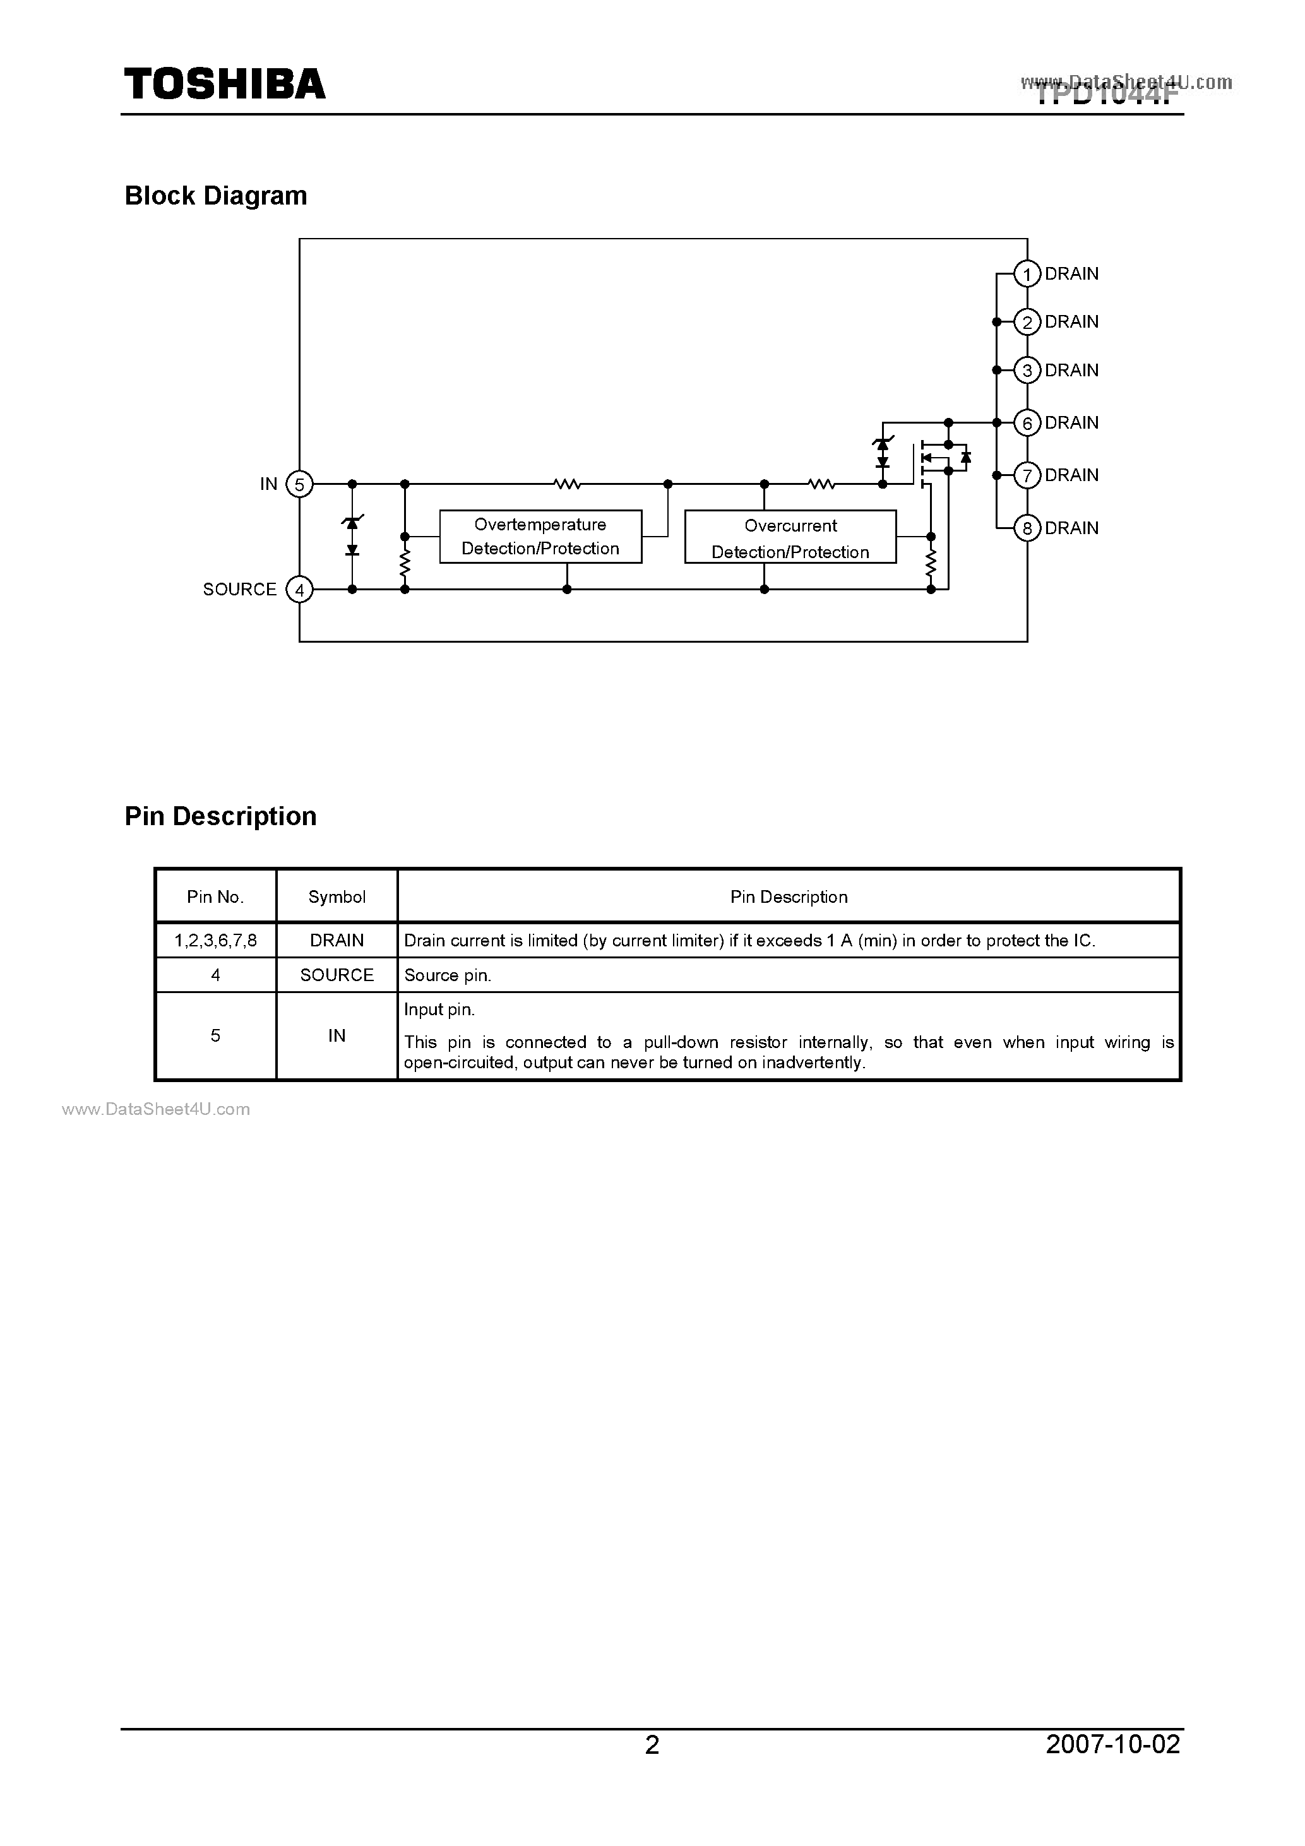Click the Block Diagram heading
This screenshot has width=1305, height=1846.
click(215, 195)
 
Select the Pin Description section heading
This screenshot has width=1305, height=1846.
click(220, 816)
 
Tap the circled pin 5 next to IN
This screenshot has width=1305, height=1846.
click(299, 485)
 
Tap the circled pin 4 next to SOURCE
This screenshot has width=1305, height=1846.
click(299, 590)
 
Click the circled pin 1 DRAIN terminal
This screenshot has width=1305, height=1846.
click(1027, 274)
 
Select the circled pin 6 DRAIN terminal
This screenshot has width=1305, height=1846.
click(1027, 423)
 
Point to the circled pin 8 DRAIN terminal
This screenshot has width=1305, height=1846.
click(1027, 528)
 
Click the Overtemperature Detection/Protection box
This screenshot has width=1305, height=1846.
click(540, 536)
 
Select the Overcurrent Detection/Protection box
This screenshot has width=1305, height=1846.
click(790, 538)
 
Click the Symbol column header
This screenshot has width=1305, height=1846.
click(337, 896)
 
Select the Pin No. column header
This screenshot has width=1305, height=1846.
click(215, 896)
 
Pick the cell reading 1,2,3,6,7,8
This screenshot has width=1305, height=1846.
click(215, 940)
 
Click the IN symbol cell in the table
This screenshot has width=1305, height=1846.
click(337, 1035)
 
